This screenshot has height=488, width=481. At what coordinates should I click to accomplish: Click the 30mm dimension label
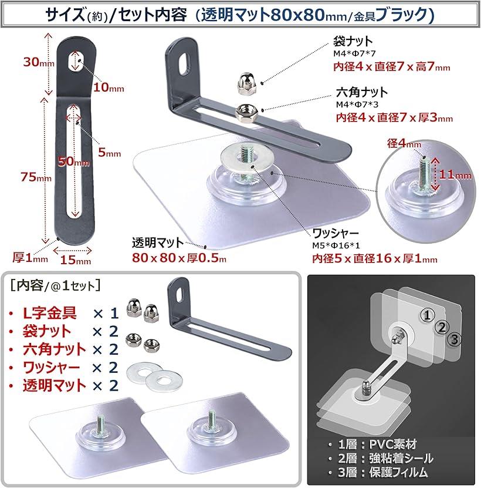point(39,62)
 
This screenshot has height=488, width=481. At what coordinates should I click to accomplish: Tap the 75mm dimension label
point(36,177)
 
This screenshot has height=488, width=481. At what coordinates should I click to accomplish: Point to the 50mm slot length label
point(74,161)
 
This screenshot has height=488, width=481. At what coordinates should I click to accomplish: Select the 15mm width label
point(76,260)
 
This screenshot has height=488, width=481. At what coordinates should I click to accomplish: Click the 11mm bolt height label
point(455,174)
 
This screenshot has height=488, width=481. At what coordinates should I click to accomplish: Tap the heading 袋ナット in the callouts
point(353,41)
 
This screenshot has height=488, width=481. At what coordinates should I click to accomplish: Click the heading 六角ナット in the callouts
point(361,92)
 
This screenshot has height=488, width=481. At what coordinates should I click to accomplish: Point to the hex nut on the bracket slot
point(245,112)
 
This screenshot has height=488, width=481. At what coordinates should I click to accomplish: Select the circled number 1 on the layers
point(428,315)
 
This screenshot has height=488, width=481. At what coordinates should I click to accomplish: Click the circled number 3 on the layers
point(454,339)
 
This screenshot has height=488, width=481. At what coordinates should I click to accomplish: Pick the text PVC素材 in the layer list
point(392,445)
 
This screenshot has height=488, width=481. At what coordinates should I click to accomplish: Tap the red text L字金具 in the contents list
point(50,313)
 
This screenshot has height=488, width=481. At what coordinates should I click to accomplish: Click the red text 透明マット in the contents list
point(54,386)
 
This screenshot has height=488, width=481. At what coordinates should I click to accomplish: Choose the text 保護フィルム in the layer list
point(399,473)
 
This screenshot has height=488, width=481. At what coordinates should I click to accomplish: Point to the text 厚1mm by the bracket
point(30,258)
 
